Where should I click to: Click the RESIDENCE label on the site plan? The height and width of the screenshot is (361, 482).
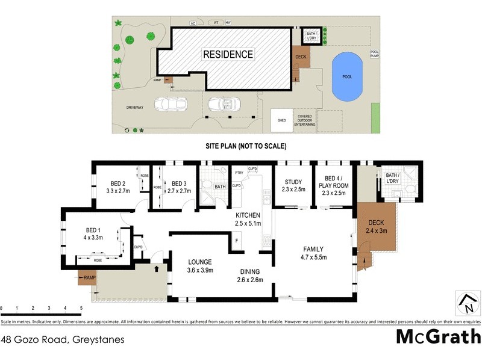point(228,54)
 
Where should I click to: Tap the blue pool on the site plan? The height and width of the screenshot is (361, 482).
point(346,77)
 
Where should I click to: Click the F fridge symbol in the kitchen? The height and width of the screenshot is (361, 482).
point(236,241)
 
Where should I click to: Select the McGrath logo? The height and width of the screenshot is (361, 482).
point(437,336)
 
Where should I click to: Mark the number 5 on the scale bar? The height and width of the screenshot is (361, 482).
point(81,308)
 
